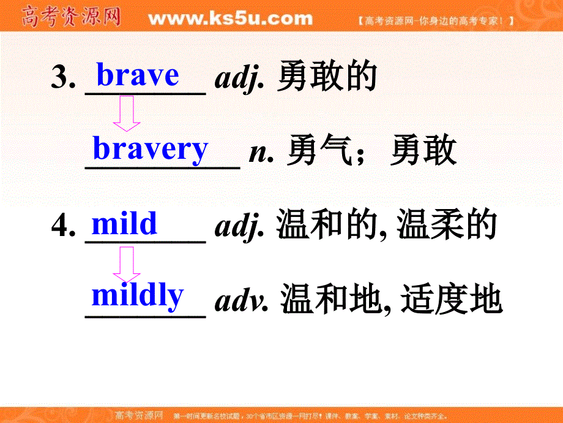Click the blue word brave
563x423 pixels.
[138, 75]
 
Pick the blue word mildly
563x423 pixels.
[137, 295]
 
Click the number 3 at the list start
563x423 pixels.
[62, 78]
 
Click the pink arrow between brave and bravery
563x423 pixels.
[127, 114]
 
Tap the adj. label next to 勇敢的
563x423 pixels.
[240, 80]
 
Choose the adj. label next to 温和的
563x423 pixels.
[240, 228]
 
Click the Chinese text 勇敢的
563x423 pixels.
[326, 78]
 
